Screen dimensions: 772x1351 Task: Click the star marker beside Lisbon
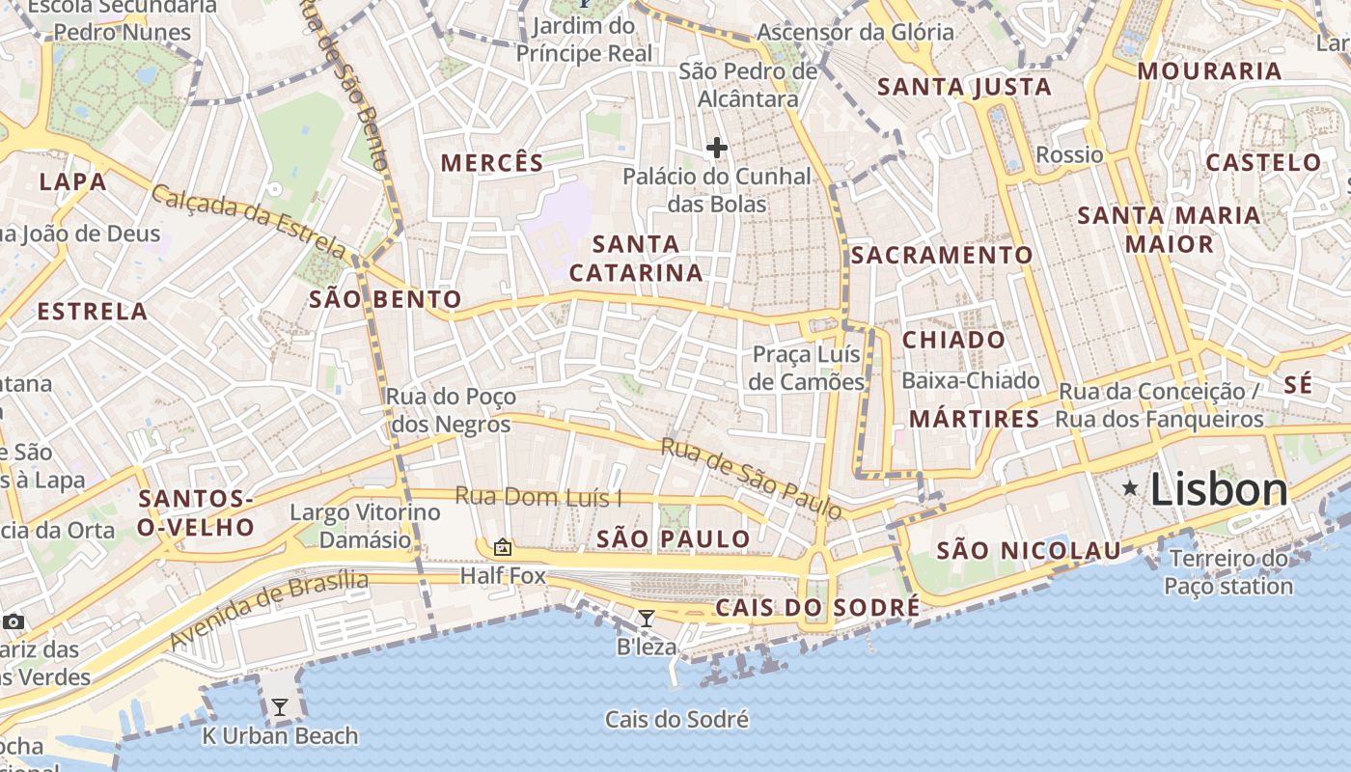1130,489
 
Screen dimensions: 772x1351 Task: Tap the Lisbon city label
1219,490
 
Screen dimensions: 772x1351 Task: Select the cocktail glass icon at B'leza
647,619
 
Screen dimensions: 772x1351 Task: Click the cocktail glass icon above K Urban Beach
279,707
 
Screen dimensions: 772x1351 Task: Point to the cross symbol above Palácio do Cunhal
716,148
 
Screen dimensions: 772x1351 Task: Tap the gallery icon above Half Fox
503,547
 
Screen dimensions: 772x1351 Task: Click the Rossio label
1069,154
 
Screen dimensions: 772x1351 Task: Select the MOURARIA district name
1209,70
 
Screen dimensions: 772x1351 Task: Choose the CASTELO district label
1263,162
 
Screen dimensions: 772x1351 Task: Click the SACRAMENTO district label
942,255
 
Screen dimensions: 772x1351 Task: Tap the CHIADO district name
953,340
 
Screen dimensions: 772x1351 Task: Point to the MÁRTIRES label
975,419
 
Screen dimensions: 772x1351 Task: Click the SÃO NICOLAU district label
1030,550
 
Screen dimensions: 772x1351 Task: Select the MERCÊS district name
492,162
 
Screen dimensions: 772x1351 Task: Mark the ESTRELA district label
93,312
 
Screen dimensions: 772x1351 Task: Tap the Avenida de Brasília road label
269,609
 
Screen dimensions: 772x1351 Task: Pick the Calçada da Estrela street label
248,220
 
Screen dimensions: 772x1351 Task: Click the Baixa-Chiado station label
971,381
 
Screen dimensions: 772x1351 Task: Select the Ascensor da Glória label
855,32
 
